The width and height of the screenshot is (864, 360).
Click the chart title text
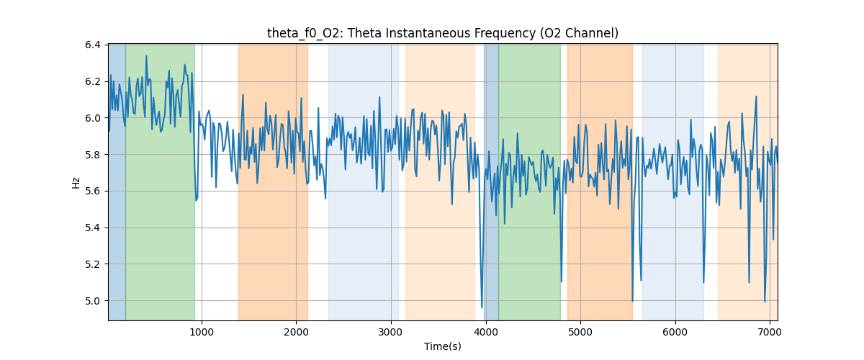[x=442, y=33]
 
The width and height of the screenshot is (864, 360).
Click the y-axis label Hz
[x=76, y=182]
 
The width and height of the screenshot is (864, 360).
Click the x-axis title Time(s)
[x=442, y=346]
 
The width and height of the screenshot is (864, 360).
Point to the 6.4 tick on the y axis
[x=94, y=45]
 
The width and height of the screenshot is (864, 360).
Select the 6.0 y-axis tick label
[x=94, y=118]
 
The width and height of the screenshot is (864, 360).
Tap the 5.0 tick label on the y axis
[x=94, y=301]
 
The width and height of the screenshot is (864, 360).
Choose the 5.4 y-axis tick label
[x=94, y=228]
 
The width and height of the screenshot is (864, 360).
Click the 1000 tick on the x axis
[x=202, y=332]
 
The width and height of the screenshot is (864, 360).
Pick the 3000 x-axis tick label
[x=391, y=332]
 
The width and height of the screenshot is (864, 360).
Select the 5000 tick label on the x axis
[x=580, y=332]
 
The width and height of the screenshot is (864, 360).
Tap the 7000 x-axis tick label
[x=770, y=332]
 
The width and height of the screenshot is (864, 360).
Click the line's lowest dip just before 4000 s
[x=482, y=307]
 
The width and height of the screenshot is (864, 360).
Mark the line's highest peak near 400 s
[x=146, y=56]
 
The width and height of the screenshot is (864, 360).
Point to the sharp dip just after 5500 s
[x=632, y=301]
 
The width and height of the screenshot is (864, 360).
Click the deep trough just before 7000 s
[x=765, y=302]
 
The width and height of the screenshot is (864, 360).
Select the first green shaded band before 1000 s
[x=160, y=216]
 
